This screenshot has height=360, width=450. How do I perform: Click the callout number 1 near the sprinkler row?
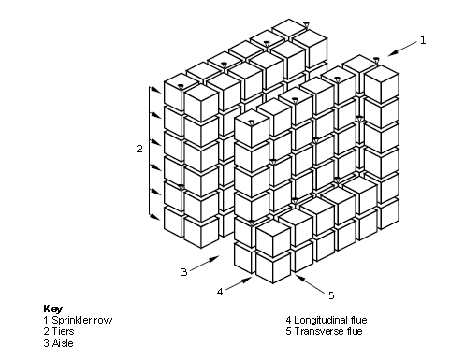tap(423, 40)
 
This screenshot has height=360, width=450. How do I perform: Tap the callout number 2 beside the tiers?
tap(139, 149)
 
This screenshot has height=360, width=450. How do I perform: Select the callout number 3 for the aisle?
tap(184, 272)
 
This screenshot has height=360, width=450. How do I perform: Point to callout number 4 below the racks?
tap(220, 292)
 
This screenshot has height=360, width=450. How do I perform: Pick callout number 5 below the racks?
tap(331, 295)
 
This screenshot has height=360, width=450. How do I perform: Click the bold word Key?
tap(53, 309)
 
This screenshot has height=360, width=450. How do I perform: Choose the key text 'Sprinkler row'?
tap(82, 320)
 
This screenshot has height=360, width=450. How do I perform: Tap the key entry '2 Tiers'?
tap(59, 331)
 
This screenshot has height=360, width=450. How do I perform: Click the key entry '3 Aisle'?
tap(59, 343)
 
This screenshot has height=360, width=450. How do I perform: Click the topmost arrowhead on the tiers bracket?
tap(157, 91)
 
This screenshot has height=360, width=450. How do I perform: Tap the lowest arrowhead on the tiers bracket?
tap(155, 217)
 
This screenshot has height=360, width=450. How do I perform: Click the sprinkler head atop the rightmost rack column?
tap(376, 60)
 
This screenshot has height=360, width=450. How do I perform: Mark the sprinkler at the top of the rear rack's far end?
tap(306, 24)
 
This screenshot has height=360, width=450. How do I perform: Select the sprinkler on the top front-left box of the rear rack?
tap(181, 86)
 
